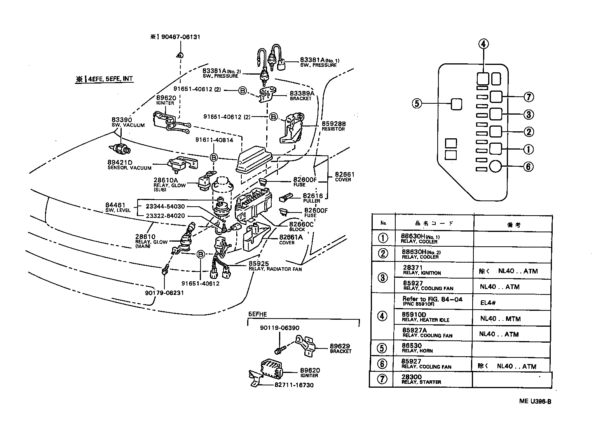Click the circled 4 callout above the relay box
pos(483,44)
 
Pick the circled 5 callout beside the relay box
pos(417,104)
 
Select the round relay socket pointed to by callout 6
pos(496,166)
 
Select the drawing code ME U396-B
pos(535,402)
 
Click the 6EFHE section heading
pos(258,314)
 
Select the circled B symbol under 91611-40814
pos(213,157)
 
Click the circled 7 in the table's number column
pos(382,379)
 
